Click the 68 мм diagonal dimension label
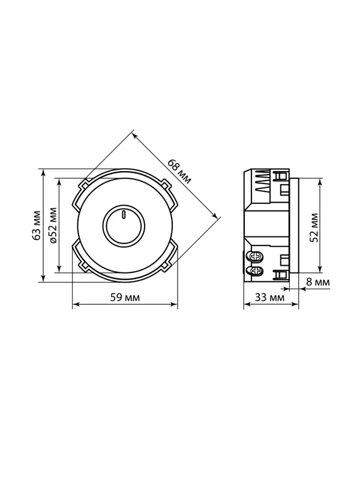[179, 172]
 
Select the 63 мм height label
[37, 226]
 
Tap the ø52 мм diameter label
[53, 226]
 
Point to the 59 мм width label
[125, 297]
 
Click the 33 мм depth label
[269, 297]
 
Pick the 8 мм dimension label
[319, 282]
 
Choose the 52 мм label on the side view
[314, 228]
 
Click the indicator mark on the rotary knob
[124, 215]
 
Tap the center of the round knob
[124, 226]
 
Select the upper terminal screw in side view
[257, 257]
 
